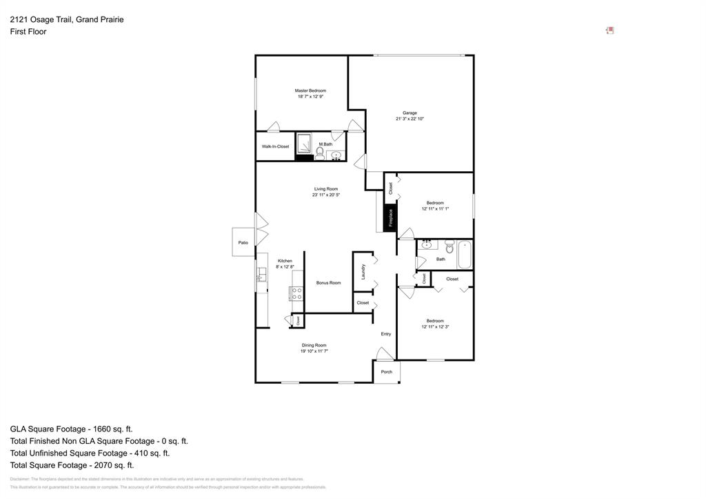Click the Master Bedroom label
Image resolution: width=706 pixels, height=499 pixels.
(x=310, y=91)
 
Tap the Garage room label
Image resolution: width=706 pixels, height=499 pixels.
(x=410, y=113)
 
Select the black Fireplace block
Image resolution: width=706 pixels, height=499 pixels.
(x=390, y=218)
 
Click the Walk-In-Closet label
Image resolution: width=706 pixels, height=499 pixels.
(x=275, y=146)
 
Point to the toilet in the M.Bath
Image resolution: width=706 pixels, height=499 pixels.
(x=320, y=151)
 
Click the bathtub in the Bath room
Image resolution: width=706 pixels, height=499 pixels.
(x=464, y=254)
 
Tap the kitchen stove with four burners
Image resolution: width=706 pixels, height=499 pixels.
(x=296, y=293)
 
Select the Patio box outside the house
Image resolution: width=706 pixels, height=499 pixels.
(x=243, y=242)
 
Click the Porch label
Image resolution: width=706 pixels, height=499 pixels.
(x=386, y=372)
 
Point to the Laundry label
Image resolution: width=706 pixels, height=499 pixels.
(x=363, y=272)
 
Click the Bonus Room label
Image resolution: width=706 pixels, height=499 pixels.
(x=328, y=283)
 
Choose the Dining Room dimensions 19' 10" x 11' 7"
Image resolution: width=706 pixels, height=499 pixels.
(x=314, y=351)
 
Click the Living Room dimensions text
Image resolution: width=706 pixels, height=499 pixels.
(x=325, y=195)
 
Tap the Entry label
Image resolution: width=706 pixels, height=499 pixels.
(x=386, y=334)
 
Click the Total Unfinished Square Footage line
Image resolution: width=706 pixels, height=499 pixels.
(x=90, y=453)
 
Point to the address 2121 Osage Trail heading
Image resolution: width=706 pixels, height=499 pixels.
(x=67, y=19)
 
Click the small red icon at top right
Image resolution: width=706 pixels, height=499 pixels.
(x=609, y=30)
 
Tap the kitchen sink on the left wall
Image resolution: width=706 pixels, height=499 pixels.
(x=261, y=277)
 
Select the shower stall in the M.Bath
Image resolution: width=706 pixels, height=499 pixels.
(x=304, y=144)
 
